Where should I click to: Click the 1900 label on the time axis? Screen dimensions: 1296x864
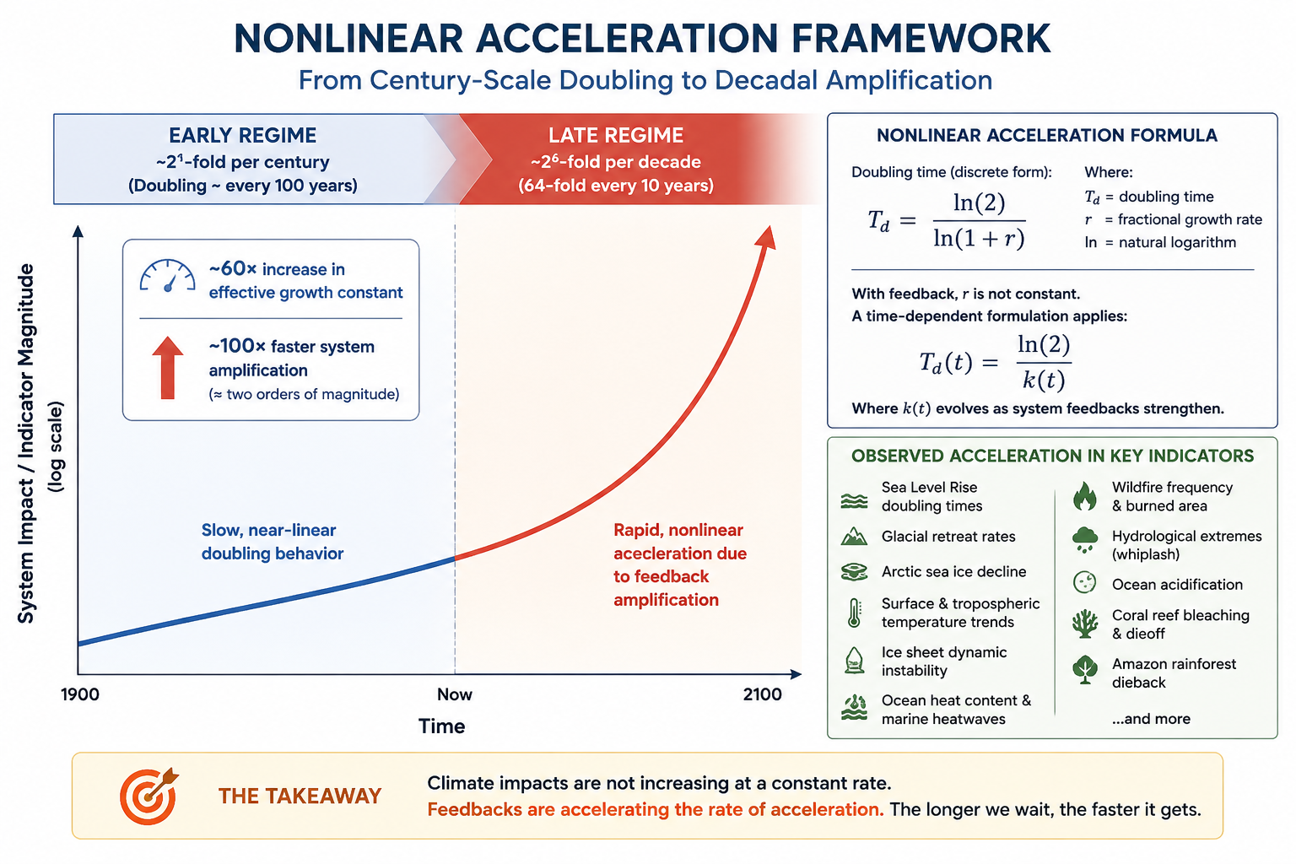pos(80,694)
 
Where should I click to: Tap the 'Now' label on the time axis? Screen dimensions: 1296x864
pos(455,694)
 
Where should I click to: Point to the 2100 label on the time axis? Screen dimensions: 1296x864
pos(763,694)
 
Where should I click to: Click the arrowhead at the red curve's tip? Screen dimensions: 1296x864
pos(767,238)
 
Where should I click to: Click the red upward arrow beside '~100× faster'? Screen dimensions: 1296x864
pos(168,368)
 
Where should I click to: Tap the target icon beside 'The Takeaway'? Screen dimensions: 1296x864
pos(148,796)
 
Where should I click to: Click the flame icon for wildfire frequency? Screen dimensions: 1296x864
pos(1085,496)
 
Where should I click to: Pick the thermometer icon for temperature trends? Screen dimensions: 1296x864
pos(854,613)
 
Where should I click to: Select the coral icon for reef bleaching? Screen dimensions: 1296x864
pos(1085,624)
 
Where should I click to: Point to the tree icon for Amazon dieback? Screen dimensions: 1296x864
pos(1085,670)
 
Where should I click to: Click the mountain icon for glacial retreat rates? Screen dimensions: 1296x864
pos(854,537)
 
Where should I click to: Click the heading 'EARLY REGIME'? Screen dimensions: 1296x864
pos(242,135)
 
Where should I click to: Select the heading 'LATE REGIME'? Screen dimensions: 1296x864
pos(616,135)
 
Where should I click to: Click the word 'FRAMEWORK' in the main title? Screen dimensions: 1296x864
pos(921,39)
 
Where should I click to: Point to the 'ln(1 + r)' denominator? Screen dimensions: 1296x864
pos(979,238)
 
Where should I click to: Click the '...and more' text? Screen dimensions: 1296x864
pos(1151,719)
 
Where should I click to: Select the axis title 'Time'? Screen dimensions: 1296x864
pos(441,726)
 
